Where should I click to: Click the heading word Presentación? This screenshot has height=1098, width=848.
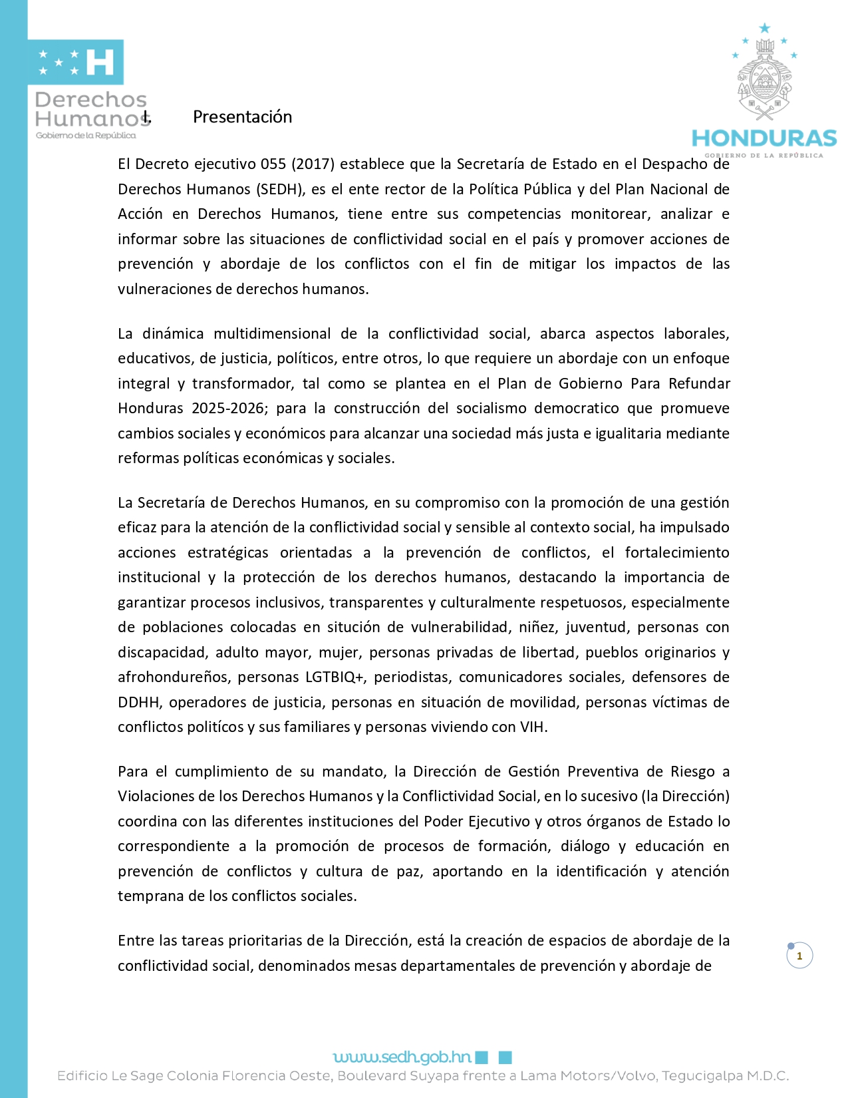(242, 117)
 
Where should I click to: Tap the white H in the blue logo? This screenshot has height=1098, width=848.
(100, 62)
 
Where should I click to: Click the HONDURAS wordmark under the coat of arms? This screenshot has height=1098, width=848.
(764, 138)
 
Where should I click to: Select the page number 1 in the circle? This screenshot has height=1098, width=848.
(799, 956)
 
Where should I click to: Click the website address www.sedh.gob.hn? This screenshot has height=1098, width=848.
(402, 1057)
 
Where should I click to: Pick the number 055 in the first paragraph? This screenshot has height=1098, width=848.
(273, 164)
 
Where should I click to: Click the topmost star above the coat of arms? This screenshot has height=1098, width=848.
(765, 28)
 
